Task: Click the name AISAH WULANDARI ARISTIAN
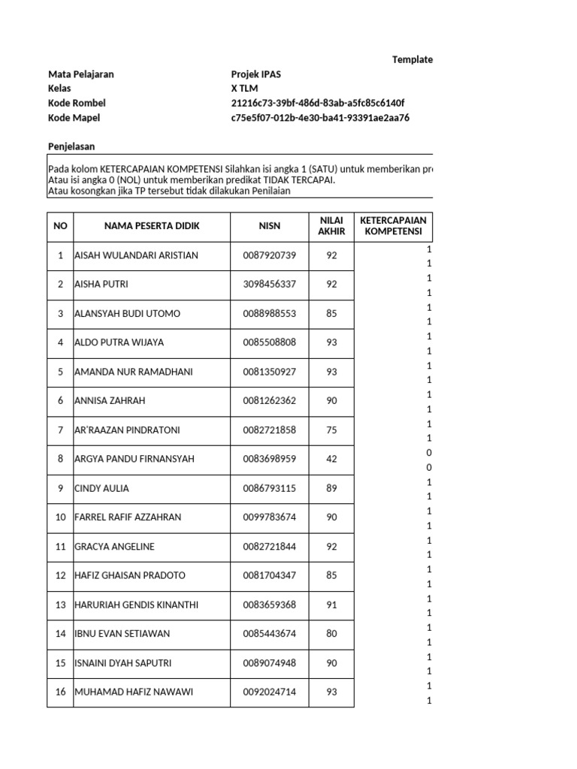tap(136, 255)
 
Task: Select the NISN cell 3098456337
tap(270, 285)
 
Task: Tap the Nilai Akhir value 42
tap(331, 459)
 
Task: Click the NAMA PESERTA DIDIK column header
tap(153, 226)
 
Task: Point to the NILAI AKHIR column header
tap(331, 226)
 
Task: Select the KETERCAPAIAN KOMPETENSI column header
tap(394, 226)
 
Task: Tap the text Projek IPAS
tap(257, 74)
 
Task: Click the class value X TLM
tap(244, 89)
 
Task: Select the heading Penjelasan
tap(71, 146)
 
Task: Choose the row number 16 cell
tap(60, 692)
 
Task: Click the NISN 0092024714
tap(270, 692)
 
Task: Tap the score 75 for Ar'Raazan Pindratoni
tap(331, 430)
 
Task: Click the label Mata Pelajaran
tap(81, 74)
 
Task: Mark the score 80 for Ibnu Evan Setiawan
tap(331, 634)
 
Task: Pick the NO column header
tap(60, 226)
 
